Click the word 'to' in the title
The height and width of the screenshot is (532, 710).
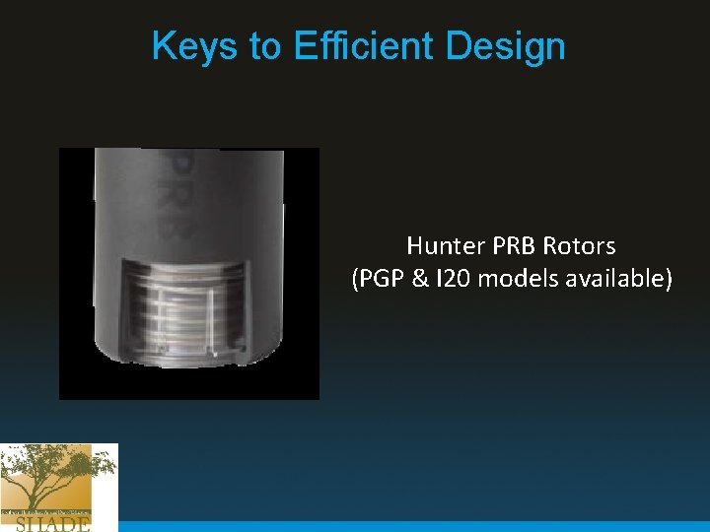click(x=265, y=46)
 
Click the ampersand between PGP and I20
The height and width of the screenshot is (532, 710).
click(x=420, y=280)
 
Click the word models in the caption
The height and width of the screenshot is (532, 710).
click(x=519, y=280)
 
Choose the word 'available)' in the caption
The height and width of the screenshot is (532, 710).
click(x=618, y=280)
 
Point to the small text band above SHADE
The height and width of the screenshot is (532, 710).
click(x=46, y=512)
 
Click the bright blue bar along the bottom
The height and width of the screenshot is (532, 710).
click(x=414, y=526)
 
